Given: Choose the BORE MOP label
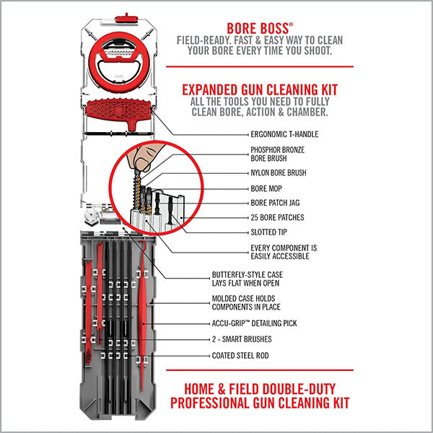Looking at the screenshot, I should click(x=266, y=189).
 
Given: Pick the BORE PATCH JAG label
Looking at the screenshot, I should click(x=277, y=203).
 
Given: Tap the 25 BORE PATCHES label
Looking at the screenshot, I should click(x=276, y=217).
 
